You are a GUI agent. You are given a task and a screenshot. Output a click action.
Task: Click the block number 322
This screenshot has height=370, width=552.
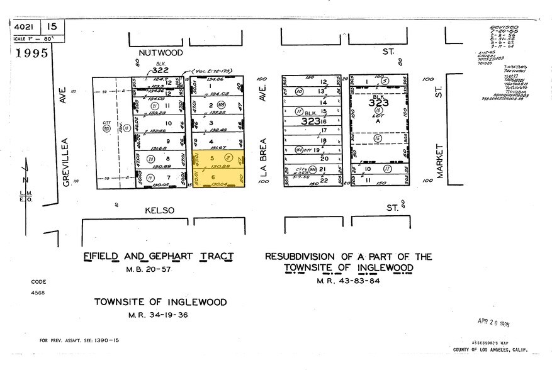[x=161, y=70]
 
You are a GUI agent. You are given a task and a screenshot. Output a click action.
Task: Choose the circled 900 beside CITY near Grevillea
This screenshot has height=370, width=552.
[x=106, y=129]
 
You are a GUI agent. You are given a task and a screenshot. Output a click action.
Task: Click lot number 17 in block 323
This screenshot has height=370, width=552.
[x=324, y=130]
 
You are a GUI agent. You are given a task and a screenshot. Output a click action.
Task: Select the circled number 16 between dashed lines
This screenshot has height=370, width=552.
[x=377, y=138]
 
